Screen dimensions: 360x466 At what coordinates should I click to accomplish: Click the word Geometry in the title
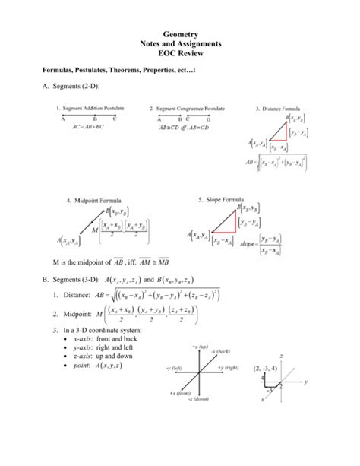pyautogui.click(x=180, y=35)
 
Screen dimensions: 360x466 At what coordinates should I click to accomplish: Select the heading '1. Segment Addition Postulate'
pyautogui.click(x=90, y=109)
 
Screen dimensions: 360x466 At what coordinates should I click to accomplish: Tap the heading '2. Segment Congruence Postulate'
pyautogui.click(x=187, y=109)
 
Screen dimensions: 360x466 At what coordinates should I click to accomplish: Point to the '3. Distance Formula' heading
pyautogui.click(x=283, y=109)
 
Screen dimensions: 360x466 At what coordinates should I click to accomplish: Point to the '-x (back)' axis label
pyautogui.click(x=220, y=373)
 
